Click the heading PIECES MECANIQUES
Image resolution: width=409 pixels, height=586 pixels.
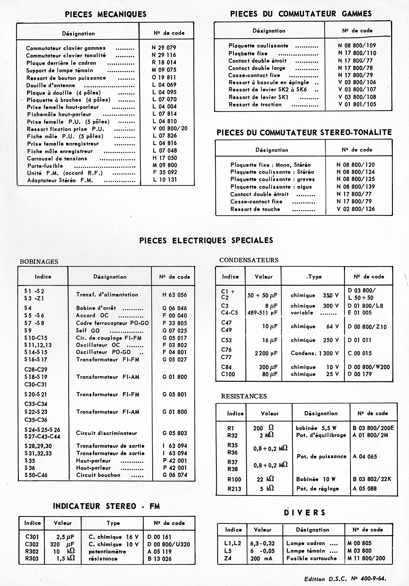tap(105, 14)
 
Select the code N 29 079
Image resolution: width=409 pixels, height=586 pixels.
tap(164, 48)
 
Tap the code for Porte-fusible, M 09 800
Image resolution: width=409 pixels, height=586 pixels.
tap(165, 165)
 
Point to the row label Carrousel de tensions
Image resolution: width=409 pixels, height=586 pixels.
tap(57, 158)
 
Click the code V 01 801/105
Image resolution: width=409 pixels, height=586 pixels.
tap(357, 104)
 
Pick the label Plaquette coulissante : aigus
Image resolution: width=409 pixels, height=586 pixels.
tap(271, 187)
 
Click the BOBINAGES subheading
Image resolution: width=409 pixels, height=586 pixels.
tap(39, 262)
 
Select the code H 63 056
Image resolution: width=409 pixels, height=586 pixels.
tap(175, 295)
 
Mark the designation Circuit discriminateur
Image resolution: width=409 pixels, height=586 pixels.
tap(106, 433)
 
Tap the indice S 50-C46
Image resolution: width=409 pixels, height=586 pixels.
tap(36, 475)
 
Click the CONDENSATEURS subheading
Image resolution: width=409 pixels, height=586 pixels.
tap(249, 260)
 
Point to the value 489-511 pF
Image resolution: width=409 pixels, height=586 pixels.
tap(263, 313)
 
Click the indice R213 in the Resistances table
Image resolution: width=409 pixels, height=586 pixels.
tap(234, 489)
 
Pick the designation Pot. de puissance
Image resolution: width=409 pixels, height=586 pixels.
tap(321, 456)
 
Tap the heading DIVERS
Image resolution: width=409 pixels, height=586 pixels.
tap(305, 513)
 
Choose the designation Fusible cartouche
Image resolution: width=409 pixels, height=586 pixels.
tap(311, 558)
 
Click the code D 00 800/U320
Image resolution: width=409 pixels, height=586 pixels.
tap(169, 544)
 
